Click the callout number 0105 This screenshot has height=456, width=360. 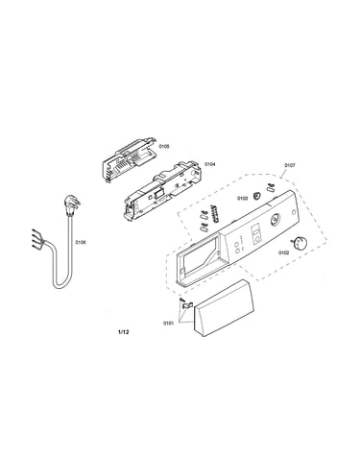(164, 146)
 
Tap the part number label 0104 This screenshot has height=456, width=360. (210, 164)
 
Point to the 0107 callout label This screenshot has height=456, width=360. (290, 165)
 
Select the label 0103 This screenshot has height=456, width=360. (242, 199)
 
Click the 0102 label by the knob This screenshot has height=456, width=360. (283, 252)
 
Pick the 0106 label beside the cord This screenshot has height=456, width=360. (81, 242)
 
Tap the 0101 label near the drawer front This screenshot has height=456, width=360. (168, 324)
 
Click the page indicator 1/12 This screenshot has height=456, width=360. (124, 332)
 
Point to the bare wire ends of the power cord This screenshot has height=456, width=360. (36, 237)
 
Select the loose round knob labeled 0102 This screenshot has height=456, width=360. (299, 243)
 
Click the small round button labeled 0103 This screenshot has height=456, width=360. (256, 196)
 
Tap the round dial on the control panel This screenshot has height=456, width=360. (275, 220)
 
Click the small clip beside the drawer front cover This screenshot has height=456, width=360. (185, 305)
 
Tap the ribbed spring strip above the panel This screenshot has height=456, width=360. (217, 213)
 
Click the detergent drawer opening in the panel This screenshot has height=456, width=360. (199, 258)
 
